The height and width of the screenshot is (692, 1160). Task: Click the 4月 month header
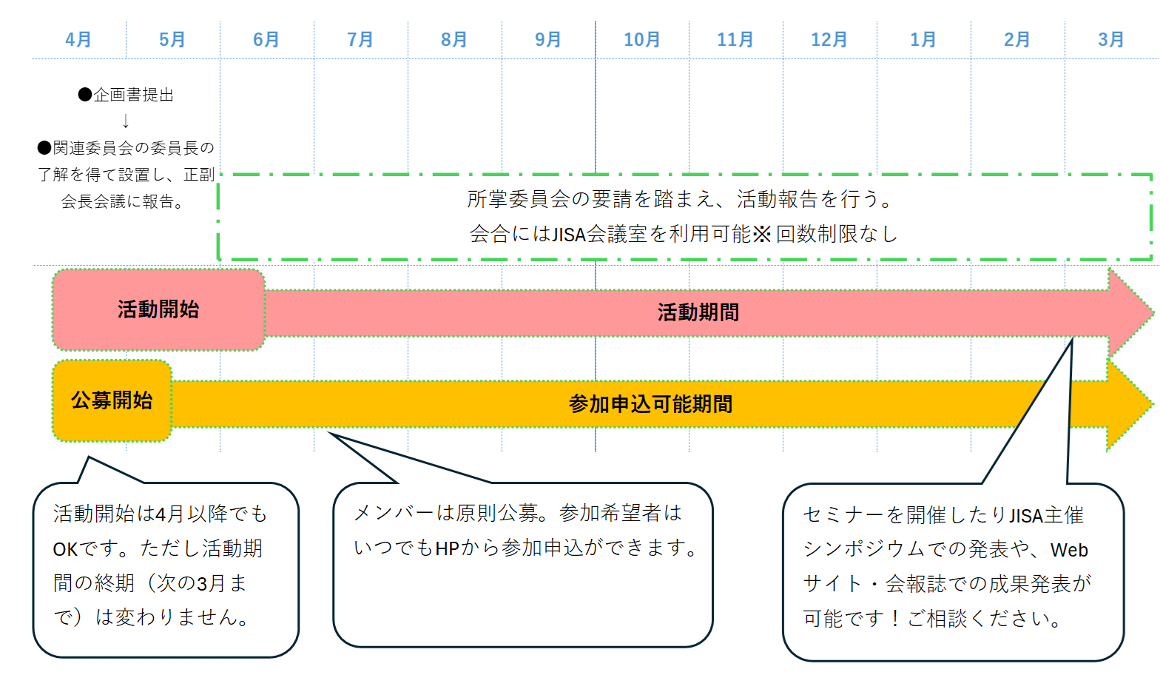pyautogui.click(x=78, y=39)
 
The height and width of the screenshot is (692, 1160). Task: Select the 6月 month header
pyautogui.click(x=266, y=39)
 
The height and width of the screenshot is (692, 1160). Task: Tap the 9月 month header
pyautogui.click(x=548, y=39)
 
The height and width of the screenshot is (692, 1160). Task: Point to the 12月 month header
pyautogui.click(x=829, y=39)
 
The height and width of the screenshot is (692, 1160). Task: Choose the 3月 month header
pyautogui.click(x=1111, y=39)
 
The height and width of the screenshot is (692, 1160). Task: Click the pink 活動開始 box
pyautogui.click(x=158, y=309)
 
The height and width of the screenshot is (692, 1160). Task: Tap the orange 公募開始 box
pyautogui.click(x=112, y=400)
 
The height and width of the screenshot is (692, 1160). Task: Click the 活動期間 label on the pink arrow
pyautogui.click(x=698, y=312)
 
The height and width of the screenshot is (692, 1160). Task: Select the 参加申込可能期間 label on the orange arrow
pyautogui.click(x=650, y=404)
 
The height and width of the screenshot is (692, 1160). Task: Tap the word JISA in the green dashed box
pyautogui.click(x=569, y=235)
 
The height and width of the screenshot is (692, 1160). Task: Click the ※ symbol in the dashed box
pyautogui.click(x=762, y=235)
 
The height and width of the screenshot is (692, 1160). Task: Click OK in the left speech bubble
pyautogui.click(x=65, y=549)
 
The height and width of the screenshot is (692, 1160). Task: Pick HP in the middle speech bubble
pyautogui.click(x=448, y=548)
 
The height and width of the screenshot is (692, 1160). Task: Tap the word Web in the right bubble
pyautogui.click(x=1069, y=550)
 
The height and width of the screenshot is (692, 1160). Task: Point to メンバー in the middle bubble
pyautogui.click(x=393, y=513)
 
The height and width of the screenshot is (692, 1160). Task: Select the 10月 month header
pyautogui.click(x=641, y=39)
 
